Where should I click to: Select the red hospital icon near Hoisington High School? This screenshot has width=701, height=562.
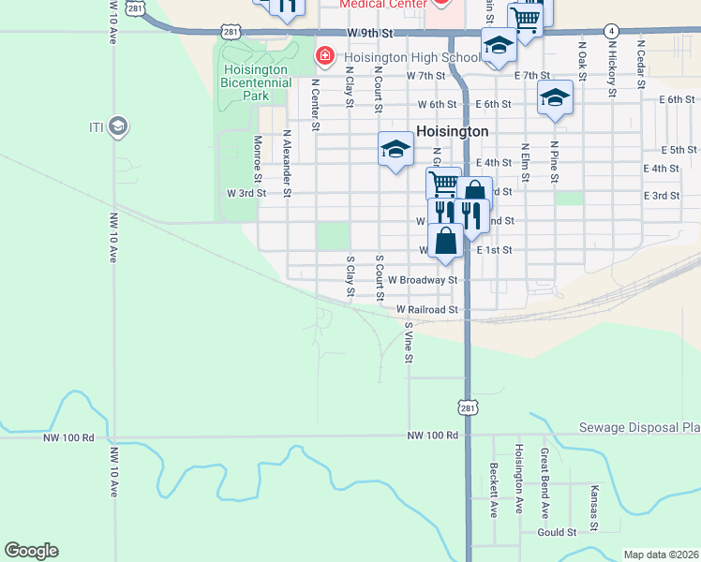(x=325, y=57)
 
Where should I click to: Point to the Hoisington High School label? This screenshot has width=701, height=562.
(x=399, y=57)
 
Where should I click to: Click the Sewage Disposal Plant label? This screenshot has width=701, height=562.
(x=654, y=427)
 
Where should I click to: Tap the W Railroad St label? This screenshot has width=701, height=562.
(x=425, y=309)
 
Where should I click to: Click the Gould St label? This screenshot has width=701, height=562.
(x=557, y=532)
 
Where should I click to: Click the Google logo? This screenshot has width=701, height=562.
(x=31, y=551)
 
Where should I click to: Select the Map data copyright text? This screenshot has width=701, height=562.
(x=660, y=555)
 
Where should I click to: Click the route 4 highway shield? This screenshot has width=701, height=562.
(x=610, y=31)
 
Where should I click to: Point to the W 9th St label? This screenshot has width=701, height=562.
(x=366, y=33)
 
